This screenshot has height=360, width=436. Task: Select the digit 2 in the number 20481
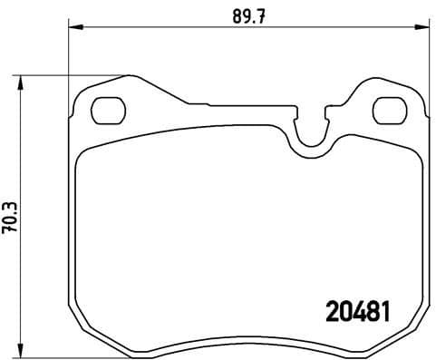pos(332,311)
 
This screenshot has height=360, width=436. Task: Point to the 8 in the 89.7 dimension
pos(228,15)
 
